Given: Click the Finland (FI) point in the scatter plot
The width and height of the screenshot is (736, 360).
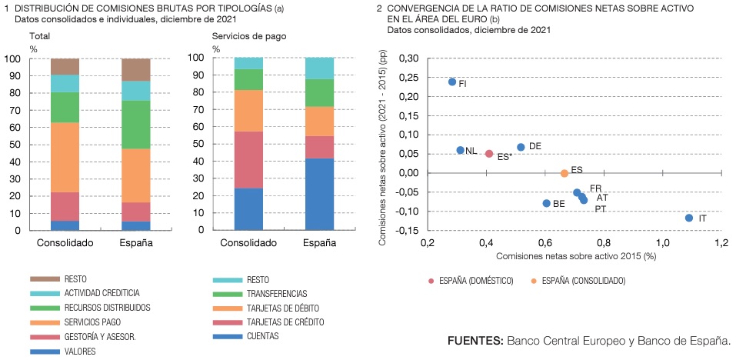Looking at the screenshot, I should coord(452,82).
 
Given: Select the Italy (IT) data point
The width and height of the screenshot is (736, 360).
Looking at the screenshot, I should coord(689,218).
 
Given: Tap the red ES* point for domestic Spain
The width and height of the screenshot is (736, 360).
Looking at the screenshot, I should coord(489,154).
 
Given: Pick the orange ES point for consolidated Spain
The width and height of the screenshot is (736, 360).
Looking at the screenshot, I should coord(564,173).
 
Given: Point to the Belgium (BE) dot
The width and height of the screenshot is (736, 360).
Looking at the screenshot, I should coord(547,203).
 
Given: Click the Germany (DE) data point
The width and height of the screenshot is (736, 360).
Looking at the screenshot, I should coord(521,147).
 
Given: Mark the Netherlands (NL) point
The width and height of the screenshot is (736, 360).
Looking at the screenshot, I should coord(461,150).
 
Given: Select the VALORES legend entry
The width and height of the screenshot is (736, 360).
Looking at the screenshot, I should coord(80,351).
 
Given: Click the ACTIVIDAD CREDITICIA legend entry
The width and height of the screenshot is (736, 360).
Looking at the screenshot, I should coord(102,293).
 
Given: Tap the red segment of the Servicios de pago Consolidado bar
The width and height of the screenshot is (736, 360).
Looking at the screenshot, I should coord(249,159).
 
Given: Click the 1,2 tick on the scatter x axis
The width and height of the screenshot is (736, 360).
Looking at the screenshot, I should coord(721,243).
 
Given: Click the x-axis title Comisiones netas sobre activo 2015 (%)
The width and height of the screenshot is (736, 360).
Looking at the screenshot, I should coord(576,256).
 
